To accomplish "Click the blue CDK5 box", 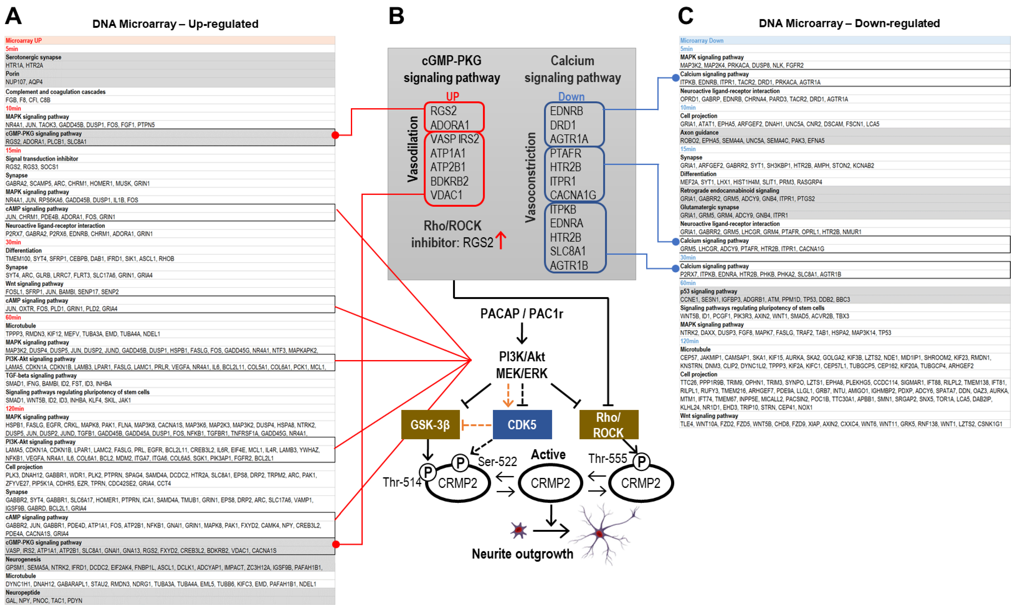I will click(522, 424).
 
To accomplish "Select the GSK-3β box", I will click(430, 424).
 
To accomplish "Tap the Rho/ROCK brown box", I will click(608, 424).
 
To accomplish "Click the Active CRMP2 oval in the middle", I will click(550, 483).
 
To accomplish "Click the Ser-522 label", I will click(497, 461).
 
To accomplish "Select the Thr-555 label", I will click(607, 458).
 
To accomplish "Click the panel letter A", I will click(13, 16).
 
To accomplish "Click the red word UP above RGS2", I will click(452, 96).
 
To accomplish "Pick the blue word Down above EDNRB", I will click(571, 97).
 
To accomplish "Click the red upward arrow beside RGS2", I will click(500, 240).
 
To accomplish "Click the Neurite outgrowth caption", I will click(522, 554).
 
